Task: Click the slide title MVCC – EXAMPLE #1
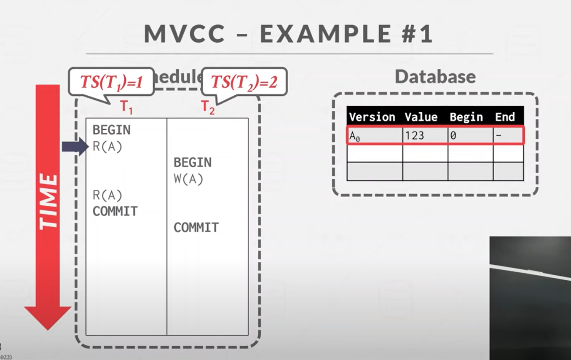coord(289,34)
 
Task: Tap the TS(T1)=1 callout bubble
coord(112,82)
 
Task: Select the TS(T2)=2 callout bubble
coord(244,82)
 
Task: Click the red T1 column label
coord(126,108)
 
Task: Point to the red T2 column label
coord(208,108)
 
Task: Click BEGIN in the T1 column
coord(112,130)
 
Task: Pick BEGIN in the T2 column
coord(193,162)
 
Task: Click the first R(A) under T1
coord(107,147)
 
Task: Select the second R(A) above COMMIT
coord(107,195)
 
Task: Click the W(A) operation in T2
coord(188,179)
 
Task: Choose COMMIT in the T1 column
coord(115,211)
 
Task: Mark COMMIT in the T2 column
coord(196,228)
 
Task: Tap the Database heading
coord(435,76)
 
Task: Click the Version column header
coord(372,117)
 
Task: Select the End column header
coord(505,117)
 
